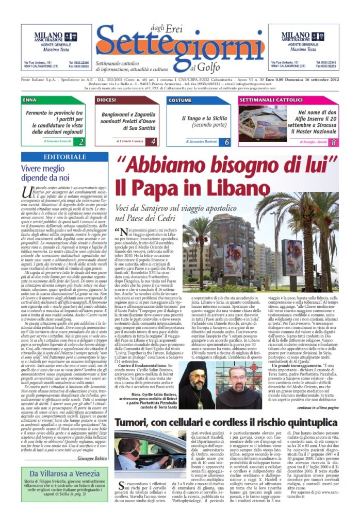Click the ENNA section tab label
point(30,100)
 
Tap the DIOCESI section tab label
point(106,100)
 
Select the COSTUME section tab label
point(180,100)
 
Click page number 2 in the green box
point(81,141)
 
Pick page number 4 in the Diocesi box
point(153,141)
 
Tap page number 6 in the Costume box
point(227,141)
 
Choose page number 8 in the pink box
point(333,141)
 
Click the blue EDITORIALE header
point(64,157)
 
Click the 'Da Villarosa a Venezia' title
point(64,473)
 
